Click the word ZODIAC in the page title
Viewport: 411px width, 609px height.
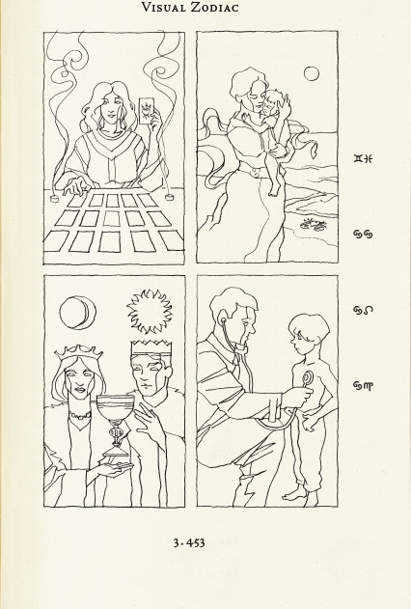pyautogui.click(x=214, y=7)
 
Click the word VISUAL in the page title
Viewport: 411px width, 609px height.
pyautogui.click(x=163, y=7)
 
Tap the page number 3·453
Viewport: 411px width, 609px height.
pyautogui.click(x=189, y=542)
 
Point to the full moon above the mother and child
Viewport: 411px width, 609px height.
pyautogui.click(x=311, y=73)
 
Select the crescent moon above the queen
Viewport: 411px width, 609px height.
pyautogui.click(x=77, y=313)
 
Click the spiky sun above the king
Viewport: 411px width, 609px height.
pyautogui.click(x=150, y=312)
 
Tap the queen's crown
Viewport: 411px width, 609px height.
pyautogui.click(x=79, y=352)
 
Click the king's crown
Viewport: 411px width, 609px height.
pyautogui.click(x=151, y=348)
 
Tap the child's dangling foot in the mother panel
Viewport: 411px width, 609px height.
pyautogui.click(x=274, y=191)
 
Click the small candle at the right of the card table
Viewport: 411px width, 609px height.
pyautogui.click(x=169, y=197)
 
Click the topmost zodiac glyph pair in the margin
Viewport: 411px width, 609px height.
pyautogui.click(x=364, y=158)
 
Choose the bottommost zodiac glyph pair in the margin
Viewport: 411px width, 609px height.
pyautogui.click(x=364, y=385)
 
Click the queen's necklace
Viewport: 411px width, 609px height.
pyautogui.click(x=79, y=416)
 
